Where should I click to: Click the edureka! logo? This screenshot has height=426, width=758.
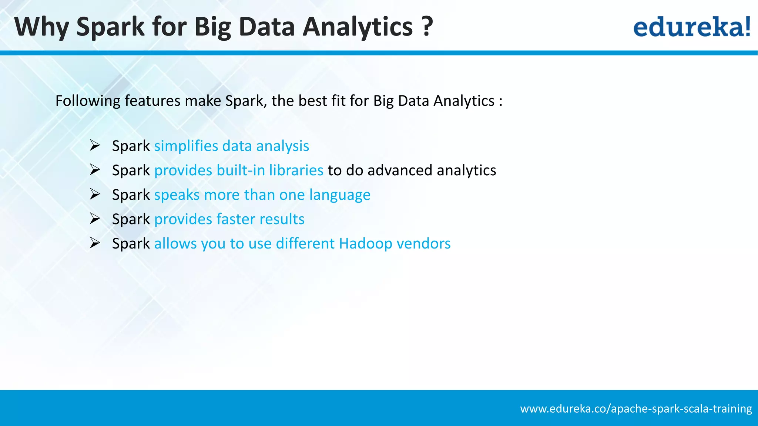[691, 27]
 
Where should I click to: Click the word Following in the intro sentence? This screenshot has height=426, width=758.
[88, 101]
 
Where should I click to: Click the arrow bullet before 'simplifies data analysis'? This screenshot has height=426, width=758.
[95, 146]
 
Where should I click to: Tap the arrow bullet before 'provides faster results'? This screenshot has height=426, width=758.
[95, 219]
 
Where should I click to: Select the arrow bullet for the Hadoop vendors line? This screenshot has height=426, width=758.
[95, 243]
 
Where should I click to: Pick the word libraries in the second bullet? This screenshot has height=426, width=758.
[296, 170]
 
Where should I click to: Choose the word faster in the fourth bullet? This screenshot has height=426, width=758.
[235, 219]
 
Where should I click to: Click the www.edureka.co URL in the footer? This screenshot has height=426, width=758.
[636, 409]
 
